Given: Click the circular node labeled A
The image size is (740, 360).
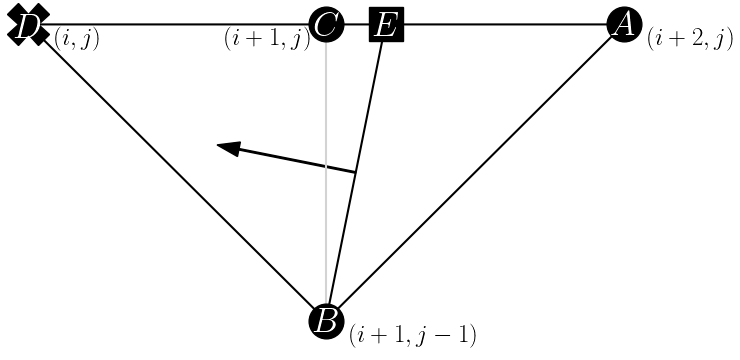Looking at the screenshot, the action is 624,24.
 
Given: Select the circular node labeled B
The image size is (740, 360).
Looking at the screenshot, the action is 326,322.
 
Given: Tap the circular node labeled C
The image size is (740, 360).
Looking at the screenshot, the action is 326,24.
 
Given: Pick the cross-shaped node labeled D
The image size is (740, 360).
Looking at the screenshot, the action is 28,24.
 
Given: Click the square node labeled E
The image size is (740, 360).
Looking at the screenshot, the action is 385,24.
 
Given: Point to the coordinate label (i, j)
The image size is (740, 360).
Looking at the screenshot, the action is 76,40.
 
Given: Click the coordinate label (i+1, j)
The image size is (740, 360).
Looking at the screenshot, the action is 267,41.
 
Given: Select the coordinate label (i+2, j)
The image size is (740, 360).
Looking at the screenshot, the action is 690,40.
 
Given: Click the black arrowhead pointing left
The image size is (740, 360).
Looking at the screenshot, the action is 229,148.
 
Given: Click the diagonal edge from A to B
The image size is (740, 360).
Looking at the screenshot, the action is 475,173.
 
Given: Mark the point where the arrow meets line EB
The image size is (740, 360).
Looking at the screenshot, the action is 356,173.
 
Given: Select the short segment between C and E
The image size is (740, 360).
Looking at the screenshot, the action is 356,24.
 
